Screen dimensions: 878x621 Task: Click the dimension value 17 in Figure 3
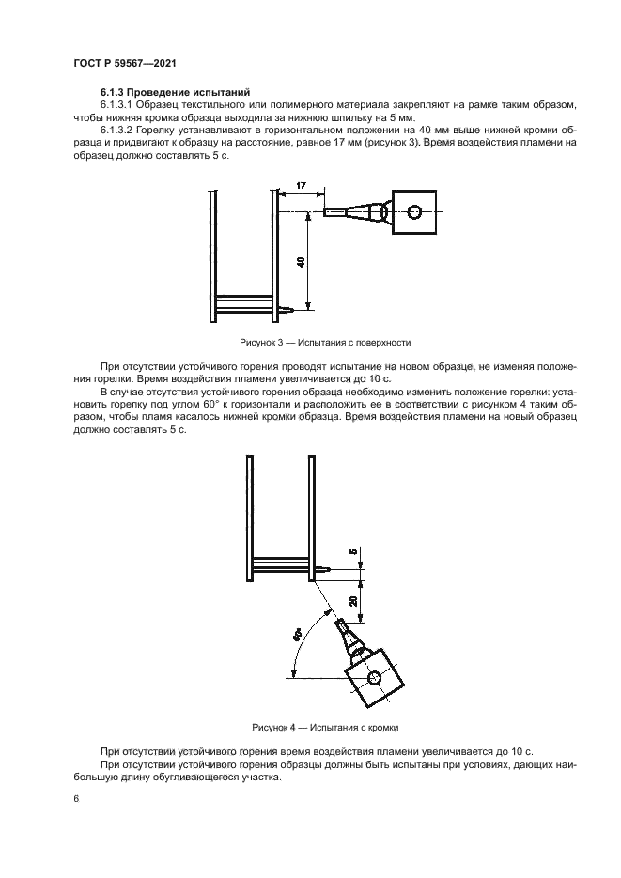click(x=300, y=188)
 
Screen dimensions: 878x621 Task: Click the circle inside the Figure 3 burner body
click(x=415, y=211)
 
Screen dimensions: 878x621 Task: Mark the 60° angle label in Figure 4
click(x=297, y=636)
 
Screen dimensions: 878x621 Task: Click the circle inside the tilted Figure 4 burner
click(x=374, y=678)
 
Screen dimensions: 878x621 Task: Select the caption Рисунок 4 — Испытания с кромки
click(x=311, y=727)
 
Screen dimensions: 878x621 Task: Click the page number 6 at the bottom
click(x=76, y=798)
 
